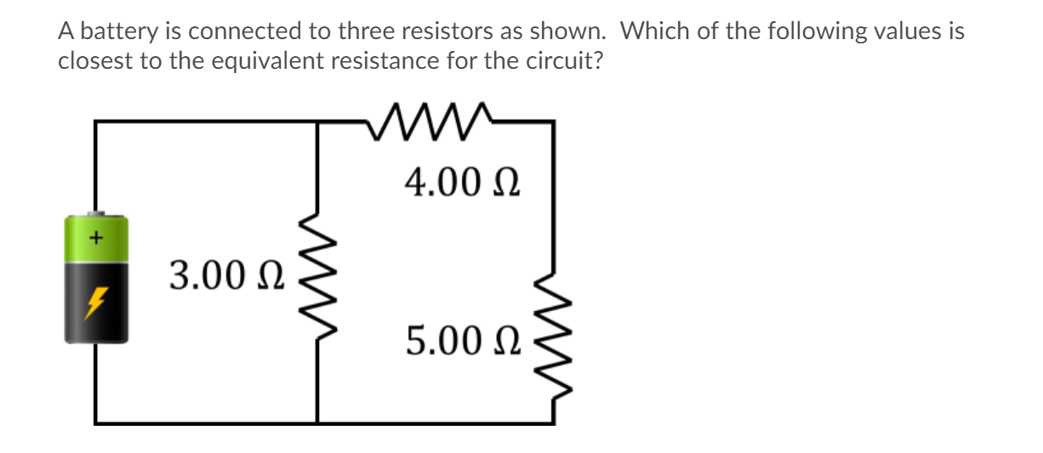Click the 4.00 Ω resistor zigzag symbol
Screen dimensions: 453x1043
[430, 122]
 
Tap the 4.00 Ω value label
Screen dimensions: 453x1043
[462, 181]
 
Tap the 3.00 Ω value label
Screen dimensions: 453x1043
[227, 275]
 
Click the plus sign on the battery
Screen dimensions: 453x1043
[97, 238]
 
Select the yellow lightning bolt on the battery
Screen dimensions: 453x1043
[96, 300]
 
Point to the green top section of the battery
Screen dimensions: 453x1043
[96, 239]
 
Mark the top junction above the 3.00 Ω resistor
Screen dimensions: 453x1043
[317, 122]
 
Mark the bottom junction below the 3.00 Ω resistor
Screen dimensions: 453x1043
[317, 422]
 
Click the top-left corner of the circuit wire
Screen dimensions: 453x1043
[95, 122]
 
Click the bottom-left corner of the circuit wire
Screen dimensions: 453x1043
[95, 422]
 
